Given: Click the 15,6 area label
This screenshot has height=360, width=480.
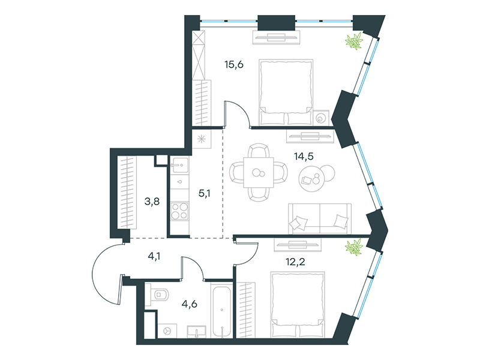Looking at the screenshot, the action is coord(234,65).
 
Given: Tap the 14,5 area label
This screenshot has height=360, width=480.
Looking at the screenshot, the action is coord(304,157).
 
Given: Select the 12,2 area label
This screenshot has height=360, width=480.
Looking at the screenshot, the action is coord(295,262).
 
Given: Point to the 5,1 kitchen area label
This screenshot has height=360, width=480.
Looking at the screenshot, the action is coord(205,193).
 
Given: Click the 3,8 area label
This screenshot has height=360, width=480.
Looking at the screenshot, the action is coord(152,202).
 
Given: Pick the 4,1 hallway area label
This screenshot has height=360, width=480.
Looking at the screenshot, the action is coord(154,256).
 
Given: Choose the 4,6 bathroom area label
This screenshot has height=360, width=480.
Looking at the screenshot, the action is coord(189,304).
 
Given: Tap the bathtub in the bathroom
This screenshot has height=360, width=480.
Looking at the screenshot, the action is coord(221,311).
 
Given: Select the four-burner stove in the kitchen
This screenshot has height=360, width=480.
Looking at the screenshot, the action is coord(179,211).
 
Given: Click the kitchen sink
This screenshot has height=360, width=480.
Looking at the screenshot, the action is coord(179,166).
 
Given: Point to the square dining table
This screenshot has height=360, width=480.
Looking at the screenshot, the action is coord(259,172).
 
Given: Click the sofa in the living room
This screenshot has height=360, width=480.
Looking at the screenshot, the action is coord(320,218).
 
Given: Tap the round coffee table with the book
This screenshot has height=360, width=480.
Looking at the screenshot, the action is coord(311,179).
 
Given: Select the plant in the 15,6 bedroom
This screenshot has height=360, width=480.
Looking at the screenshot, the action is coord(354,41).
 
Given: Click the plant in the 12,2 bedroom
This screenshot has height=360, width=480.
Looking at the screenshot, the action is coord(354,247).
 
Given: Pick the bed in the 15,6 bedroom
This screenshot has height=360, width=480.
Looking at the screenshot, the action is coord(286,92).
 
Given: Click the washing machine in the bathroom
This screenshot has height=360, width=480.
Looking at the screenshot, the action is coord(167,331).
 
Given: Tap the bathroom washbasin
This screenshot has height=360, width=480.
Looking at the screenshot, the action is coord(197,332).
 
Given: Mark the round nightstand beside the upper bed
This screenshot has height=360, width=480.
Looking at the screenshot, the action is coord(321,118).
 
